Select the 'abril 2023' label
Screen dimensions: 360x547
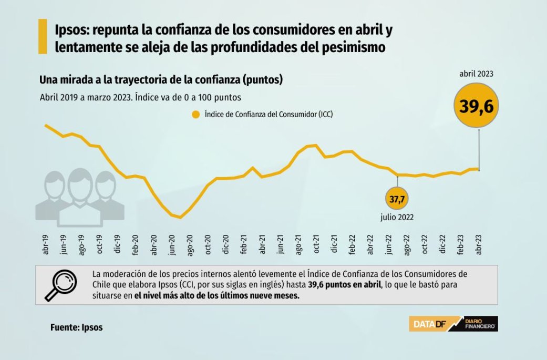click(x=477, y=74)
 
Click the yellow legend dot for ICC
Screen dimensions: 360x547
click(x=196, y=115)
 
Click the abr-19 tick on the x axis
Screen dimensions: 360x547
click(x=46, y=245)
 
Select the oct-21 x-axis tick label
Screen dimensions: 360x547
click(x=316, y=245)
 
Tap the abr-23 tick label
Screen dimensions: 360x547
click(x=479, y=245)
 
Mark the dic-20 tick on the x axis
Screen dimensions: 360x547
click(x=226, y=245)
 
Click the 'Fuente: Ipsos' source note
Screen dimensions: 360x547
click(x=77, y=327)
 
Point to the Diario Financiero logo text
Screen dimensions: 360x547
click(x=481, y=324)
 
